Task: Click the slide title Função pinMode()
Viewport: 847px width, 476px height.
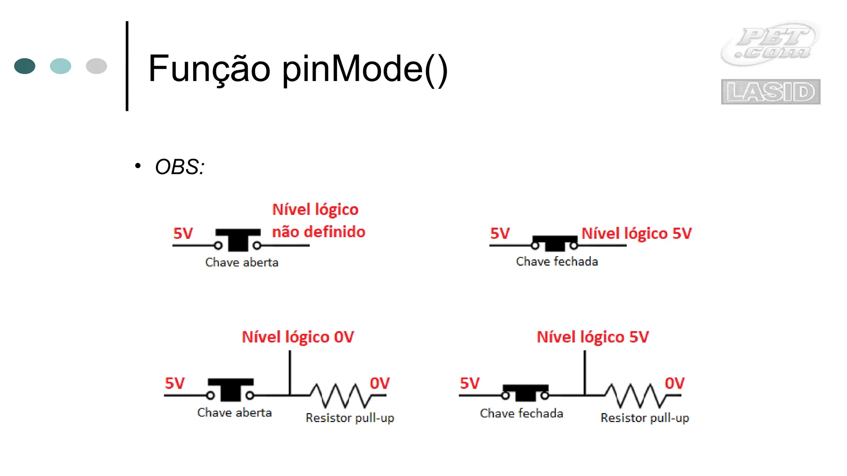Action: [x=298, y=69]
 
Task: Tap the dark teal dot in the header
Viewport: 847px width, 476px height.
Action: [x=25, y=66]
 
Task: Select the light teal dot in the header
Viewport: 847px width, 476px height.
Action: [x=60, y=66]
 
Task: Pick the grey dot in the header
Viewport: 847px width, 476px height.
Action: [x=96, y=66]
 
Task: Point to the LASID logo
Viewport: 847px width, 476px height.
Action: [x=770, y=92]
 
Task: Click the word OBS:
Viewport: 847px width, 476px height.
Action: [x=179, y=167]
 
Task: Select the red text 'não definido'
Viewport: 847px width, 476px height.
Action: [x=318, y=232]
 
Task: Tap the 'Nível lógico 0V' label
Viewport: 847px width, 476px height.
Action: [x=298, y=337]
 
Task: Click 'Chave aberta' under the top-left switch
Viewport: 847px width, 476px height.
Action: [x=242, y=262]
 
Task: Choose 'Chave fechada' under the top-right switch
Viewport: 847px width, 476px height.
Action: [x=557, y=262]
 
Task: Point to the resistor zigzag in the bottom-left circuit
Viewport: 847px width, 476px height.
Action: [x=341, y=395]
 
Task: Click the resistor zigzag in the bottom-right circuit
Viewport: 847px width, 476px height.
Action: [x=636, y=395]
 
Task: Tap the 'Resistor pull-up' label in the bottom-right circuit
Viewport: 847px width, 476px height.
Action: [x=644, y=418]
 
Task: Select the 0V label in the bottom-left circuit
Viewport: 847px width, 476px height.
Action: [x=380, y=383]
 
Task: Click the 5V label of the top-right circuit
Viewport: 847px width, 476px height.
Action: [x=500, y=233]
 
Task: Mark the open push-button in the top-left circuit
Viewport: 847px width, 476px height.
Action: [x=238, y=240]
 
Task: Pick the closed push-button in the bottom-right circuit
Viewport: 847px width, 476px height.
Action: [x=525, y=393]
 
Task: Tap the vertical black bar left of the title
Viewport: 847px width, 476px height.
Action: [x=127, y=66]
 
